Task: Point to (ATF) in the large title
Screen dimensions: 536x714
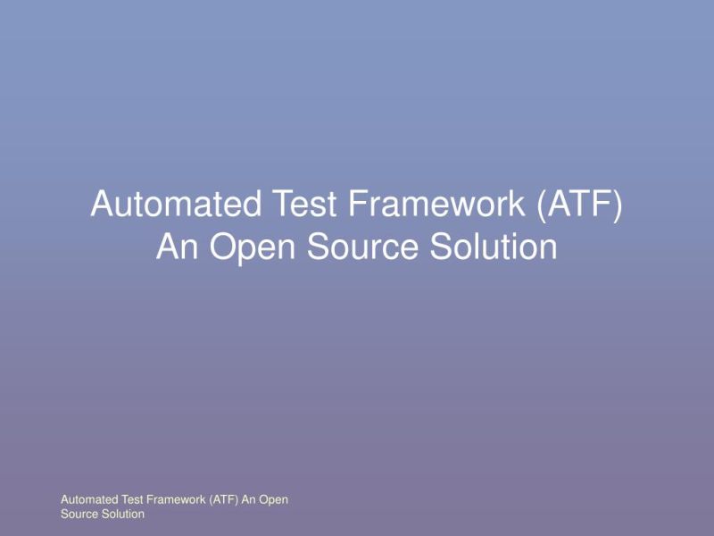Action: [x=579, y=205]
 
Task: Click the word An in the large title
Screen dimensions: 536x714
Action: [x=176, y=247]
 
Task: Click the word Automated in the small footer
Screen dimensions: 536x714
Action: [x=88, y=500]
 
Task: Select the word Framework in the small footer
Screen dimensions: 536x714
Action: [x=178, y=500]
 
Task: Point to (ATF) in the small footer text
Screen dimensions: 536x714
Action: [x=225, y=500]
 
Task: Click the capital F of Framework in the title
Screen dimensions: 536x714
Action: [x=355, y=205]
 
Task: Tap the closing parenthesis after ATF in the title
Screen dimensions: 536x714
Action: [x=617, y=205]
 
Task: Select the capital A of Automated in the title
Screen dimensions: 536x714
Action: [x=103, y=205]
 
